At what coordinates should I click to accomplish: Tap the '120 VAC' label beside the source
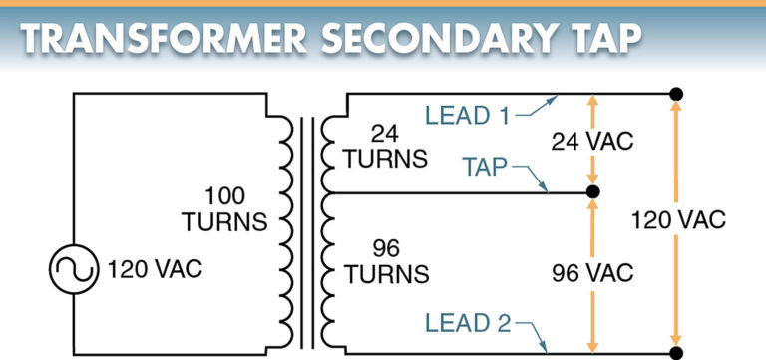point(152,270)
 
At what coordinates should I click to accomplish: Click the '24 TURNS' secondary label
point(385,145)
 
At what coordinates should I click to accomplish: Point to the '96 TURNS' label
point(385,258)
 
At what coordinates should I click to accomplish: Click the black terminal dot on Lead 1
point(677,95)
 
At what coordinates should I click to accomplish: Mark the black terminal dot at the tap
point(592,191)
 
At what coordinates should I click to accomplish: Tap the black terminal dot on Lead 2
point(677,352)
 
